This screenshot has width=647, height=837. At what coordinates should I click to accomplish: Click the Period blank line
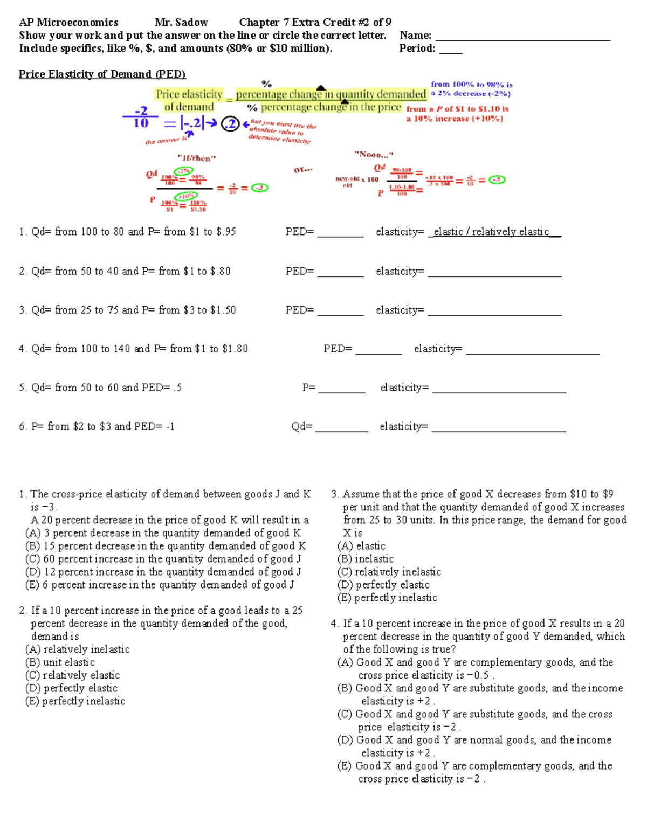point(451,52)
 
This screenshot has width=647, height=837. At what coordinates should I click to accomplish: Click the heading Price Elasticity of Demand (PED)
point(102,74)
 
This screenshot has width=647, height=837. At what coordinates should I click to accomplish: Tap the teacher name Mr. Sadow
point(181,23)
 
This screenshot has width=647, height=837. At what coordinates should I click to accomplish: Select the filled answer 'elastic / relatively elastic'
point(491,232)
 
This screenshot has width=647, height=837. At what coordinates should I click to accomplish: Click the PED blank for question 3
point(340,313)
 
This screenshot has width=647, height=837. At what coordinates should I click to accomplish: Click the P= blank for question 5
point(341,391)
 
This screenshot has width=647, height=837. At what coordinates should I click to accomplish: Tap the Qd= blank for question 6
point(341,430)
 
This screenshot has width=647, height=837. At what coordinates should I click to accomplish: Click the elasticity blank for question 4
point(532,352)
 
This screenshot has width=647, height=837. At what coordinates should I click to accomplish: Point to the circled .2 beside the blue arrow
point(230,124)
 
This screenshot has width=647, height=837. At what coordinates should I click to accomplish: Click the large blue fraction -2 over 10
point(141,117)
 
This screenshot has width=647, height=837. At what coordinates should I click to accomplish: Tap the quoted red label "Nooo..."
point(374,155)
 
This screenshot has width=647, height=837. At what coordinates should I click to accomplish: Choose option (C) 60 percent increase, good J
point(163,559)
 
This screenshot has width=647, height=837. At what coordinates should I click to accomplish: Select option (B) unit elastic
point(60,662)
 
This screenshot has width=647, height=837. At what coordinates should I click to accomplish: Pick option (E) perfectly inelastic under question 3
point(387,598)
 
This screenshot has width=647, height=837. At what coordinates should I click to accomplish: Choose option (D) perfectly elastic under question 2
point(72,688)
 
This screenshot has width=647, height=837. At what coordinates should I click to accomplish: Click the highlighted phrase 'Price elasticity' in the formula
point(189,94)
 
